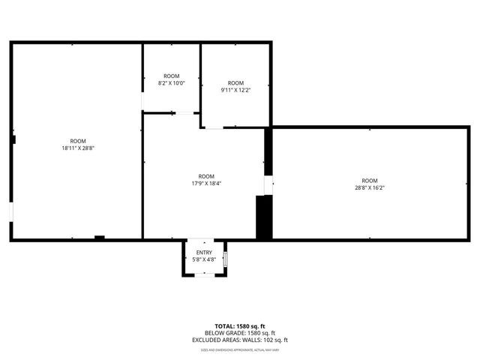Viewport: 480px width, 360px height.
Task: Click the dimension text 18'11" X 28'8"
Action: point(78,148)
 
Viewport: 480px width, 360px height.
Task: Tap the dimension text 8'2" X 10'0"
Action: point(172,83)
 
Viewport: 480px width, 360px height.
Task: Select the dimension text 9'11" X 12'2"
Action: point(235,90)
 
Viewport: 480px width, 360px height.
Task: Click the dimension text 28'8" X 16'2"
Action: point(370,187)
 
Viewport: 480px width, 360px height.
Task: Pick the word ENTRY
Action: point(204,253)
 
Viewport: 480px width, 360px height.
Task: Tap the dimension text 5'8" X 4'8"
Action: point(204,259)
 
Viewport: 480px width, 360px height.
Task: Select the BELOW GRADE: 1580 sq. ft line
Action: point(240,333)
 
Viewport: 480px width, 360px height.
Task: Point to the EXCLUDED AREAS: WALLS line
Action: point(240,340)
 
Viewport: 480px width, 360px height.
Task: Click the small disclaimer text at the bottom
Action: point(240,349)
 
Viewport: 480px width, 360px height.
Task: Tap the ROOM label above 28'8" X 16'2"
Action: point(370,180)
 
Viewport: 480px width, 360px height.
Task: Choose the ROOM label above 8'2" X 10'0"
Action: point(172,76)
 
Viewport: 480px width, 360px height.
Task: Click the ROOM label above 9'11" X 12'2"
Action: point(235,82)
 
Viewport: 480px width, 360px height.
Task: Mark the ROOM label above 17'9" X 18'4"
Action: point(206,176)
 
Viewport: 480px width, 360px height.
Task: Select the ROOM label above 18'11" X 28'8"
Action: point(78,141)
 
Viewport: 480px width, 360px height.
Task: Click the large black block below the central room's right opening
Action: point(263,217)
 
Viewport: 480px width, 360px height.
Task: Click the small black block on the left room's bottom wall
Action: point(99,238)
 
